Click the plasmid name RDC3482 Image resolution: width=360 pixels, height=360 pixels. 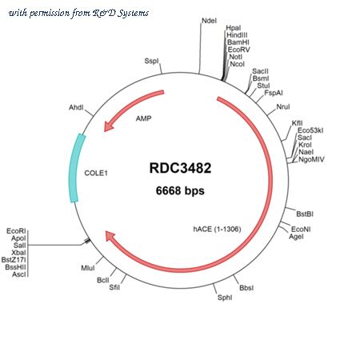pyautogui.click(x=180, y=168)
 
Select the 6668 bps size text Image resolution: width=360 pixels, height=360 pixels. pyautogui.click(x=180, y=190)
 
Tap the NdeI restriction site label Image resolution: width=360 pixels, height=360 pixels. pyautogui.click(x=209, y=21)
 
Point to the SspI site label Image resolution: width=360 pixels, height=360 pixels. pyautogui.click(x=151, y=61)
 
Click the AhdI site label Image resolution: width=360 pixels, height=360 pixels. pyautogui.click(x=76, y=107)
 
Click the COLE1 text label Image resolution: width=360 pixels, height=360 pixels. pyautogui.click(x=96, y=173)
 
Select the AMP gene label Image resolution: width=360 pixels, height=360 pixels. pyautogui.click(x=144, y=118)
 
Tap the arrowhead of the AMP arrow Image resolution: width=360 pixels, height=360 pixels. pyautogui.click(x=108, y=127)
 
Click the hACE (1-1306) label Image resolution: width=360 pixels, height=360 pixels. pyautogui.click(x=217, y=229)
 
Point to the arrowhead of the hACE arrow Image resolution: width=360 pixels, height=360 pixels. pyautogui.click(x=110, y=235)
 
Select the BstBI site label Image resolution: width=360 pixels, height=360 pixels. pyautogui.click(x=305, y=214)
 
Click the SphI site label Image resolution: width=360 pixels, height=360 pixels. pyautogui.click(x=225, y=298)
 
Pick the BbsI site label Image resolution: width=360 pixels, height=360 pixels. pyautogui.click(x=246, y=288)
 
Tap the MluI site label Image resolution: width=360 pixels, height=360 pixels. pyautogui.click(x=88, y=268)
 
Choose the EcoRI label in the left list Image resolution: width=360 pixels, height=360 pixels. pyautogui.click(x=16, y=231)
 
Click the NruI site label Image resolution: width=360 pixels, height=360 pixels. pyautogui.click(x=283, y=106)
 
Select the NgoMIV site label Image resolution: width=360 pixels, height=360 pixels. pyautogui.click(x=311, y=159)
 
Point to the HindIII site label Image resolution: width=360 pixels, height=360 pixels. pyautogui.click(x=237, y=35)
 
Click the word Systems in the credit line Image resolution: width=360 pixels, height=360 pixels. pyautogui.click(x=134, y=14)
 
